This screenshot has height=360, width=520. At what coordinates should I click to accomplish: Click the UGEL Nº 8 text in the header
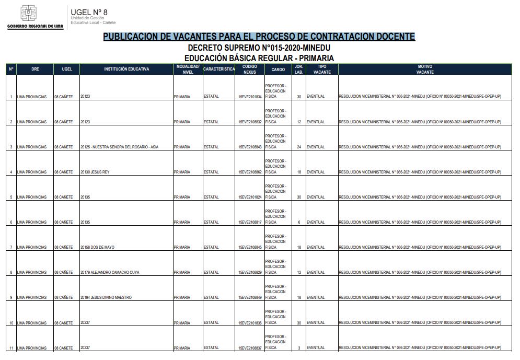click(x=89, y=12)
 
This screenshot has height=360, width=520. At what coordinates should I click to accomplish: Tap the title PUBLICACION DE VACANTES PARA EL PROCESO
click(x=259, y=37)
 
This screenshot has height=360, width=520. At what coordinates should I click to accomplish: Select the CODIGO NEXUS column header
click(x=250, y=69)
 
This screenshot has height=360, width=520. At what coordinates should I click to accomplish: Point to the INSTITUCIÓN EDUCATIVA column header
click(x=126, y=69)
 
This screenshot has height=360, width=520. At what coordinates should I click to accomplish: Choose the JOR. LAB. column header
click(x=299, y=69)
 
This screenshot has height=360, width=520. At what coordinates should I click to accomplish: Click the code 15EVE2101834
click(x=250, y=97)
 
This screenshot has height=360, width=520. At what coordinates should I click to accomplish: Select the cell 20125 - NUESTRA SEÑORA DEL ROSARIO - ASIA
click(x=120, y=147)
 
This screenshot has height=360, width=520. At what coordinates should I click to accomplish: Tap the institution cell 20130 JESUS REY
click(x=95, y=172)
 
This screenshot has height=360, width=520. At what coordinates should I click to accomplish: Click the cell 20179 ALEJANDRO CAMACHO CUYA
click(x=110, y=272)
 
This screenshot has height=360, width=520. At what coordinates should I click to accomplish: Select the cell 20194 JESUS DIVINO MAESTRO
click(x=106, y=297)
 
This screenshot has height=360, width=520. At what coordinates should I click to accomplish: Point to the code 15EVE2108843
click(x=250, y=147)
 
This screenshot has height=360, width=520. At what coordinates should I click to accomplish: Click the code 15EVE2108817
click(x=250, y=222)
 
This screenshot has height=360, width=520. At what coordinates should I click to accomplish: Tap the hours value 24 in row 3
click(x=299, y=147)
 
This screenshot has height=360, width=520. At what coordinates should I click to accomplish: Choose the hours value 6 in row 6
click(x=299, y=222)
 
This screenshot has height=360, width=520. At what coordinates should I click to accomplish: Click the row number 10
click(x=11, y=323)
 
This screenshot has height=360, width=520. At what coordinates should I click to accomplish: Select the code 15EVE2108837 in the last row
click(x=250, y=348)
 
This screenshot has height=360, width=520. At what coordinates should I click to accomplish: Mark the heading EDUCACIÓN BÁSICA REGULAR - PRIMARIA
click(x=259, y=58)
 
